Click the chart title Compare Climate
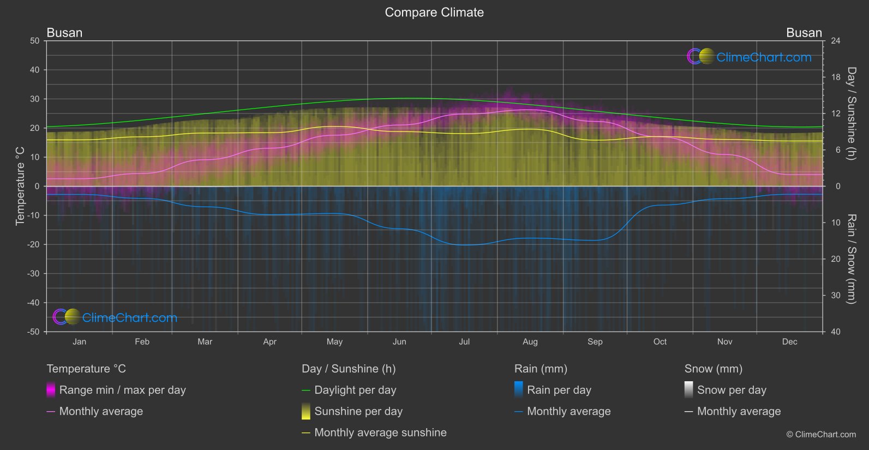(434, 13)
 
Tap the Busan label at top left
(64, 33)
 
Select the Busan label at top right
(804, 33)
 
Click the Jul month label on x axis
(464, 342)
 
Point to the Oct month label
(660, 342)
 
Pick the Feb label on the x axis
(142, 342)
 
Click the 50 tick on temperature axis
(35, 41)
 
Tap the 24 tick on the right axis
(835, 41)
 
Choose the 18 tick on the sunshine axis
(835, 77)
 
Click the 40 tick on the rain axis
(835, 332)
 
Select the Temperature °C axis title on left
(20, 186)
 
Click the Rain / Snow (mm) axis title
(851, 259)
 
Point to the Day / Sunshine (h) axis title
(851, 113)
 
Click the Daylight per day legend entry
(355, 390)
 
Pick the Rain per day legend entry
(559, 390)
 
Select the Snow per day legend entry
(731, 390)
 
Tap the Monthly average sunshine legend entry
(380, 433)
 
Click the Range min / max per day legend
(122, 390)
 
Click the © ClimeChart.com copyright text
(821, 435)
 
